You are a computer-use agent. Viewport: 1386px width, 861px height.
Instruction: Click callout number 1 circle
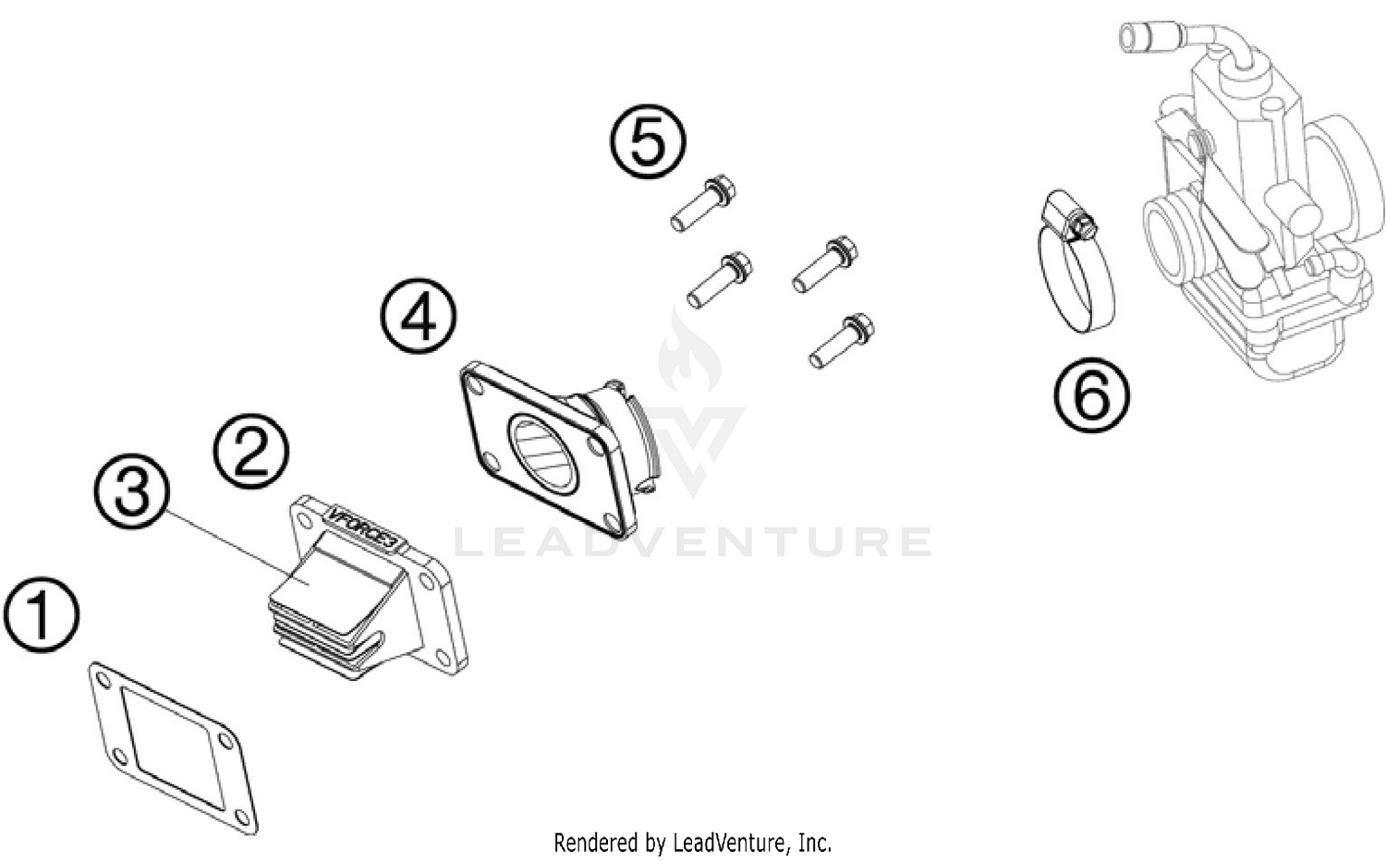click(41, 615)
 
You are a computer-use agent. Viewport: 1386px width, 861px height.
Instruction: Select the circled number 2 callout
click(251, 451)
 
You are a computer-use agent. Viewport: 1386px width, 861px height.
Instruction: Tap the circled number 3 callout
click(131, 490)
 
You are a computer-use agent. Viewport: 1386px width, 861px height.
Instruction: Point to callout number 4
click(419, 317)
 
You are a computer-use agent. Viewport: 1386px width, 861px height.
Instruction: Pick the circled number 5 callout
click(648, 140)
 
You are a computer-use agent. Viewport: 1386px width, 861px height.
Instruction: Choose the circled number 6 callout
click(1091, 394)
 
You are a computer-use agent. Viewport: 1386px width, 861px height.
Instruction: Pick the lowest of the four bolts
click(842, 340)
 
